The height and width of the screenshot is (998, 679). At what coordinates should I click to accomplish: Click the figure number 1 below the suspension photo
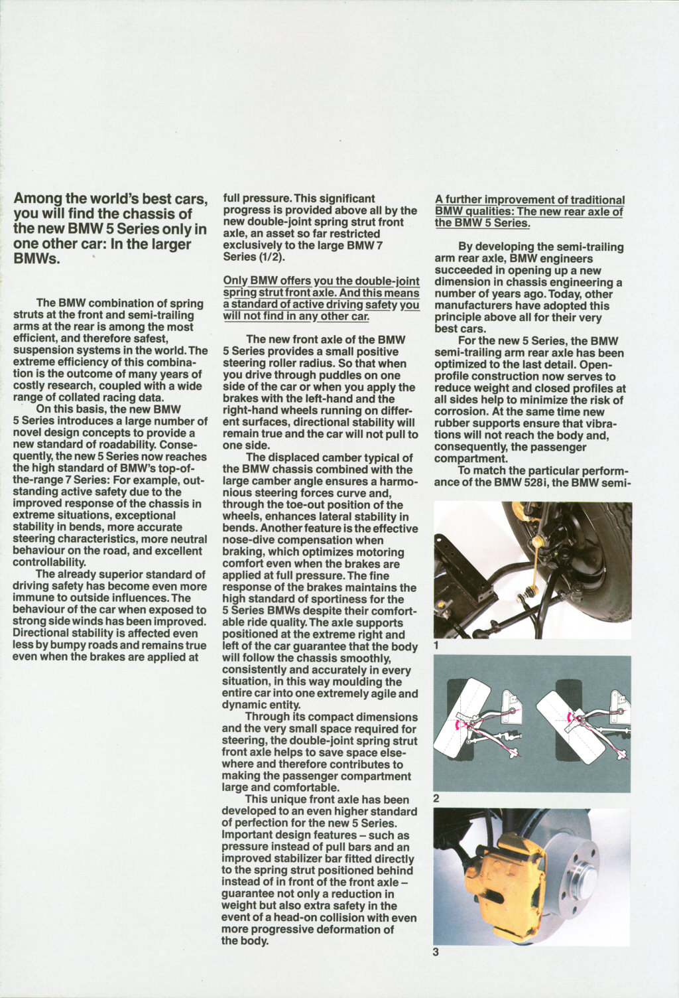tap(436, 644)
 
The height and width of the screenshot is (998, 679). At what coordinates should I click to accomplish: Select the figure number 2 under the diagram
tap(436, 798)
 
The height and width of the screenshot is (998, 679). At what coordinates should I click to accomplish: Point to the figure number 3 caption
tap(436, 953)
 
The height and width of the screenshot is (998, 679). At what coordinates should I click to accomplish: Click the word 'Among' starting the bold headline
tap(38, 198)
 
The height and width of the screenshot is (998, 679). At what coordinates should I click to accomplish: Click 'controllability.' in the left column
tap(49, 563)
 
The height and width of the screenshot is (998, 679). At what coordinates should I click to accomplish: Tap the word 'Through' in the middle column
tap(267, 717)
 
